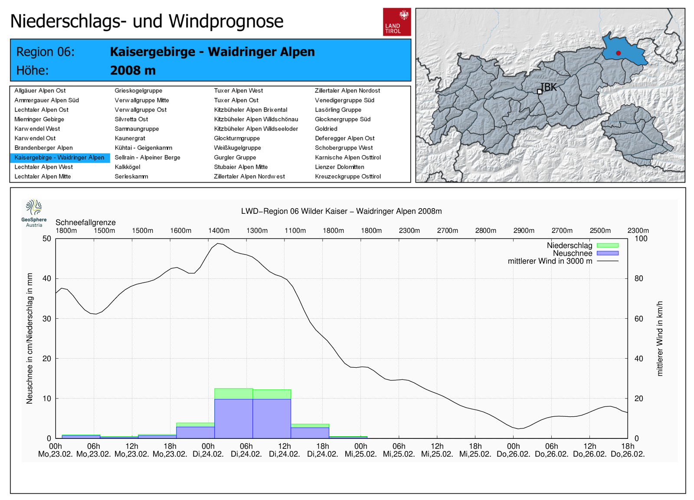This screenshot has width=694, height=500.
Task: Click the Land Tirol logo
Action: click(396, 22)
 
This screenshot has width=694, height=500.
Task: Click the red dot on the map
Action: click(618, 53)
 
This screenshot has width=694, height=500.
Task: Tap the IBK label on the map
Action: click(549, 87)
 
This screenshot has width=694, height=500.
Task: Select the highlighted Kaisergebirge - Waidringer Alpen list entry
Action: click(59, 157)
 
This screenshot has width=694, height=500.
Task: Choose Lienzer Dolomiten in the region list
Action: click(339, 167)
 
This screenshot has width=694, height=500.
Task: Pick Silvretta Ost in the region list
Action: click(131, 119)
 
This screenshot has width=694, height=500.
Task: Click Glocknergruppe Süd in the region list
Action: click(342, 119)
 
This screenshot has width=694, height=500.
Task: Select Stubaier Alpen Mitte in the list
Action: click(241, 167)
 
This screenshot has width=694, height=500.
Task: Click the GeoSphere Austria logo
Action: click(34, 213)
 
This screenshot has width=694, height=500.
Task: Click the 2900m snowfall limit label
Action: click(524, 231)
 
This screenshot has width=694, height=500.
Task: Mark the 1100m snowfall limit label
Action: click(295, 231)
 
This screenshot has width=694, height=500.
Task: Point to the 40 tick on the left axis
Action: click(47, 278)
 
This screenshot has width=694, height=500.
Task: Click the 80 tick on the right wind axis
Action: click(638, 278)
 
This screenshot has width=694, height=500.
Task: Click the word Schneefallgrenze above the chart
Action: click(85, 222)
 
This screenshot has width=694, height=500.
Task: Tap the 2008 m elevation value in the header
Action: click(133, 70)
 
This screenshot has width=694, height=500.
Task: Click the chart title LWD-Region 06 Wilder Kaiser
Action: click(341, 211)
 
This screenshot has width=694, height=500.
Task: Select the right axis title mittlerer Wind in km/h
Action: click(660, 338)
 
